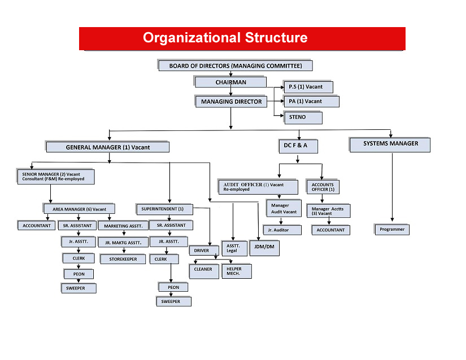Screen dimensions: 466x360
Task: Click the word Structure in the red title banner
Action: pyautogui.click(x=276, y=38)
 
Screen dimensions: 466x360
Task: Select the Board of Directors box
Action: pyautogui.click(x=235, y=65)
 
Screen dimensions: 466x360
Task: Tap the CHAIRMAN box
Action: pyautogui.click(x=230, y=82)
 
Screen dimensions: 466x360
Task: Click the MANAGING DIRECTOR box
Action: pyautogui.click(x=231, y=101)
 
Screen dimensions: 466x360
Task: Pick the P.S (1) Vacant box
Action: pyautogui.click(x=308, y=87)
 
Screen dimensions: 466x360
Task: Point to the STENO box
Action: pyautogui.click(x=303, y=117)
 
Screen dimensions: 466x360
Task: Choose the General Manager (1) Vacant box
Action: pyautogui.click(x=107, y=147)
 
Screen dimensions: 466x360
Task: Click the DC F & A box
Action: pyautogui.click(x=298, y=146)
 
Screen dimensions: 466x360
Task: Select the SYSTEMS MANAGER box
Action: pyautogui.click(x=390, y=144)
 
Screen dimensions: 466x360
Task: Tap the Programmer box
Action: pyautogui.click(x=392, y=230)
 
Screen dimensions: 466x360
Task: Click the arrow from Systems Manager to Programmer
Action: pyautogui.click(x=393, y=187)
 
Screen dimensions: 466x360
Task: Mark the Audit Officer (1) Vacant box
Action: pyautogui.click(x=258, y=187)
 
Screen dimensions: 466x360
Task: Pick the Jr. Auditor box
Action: pyautogui.click(x=282, y=230)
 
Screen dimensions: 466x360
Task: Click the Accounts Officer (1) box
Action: pyautogui.click(x=323, y=187)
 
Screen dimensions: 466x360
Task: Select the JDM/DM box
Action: pyautogui.click(x=264, y=248)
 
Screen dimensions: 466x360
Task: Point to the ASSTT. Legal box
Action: pyautogui.click(x=234, y=248)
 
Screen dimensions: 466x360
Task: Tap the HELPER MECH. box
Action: pyautogui.click(x=237, y=271)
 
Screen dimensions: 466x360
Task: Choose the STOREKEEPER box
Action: pyautogui.click(x=123, y=259)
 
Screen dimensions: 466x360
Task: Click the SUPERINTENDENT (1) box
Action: pyautogui.click(x=164, y=209)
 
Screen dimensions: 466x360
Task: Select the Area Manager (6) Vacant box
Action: pyautogui.click(x=79, y=209)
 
